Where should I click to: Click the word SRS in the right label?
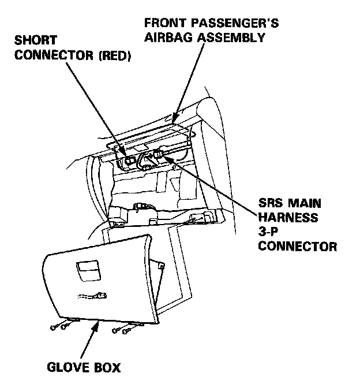point(272,204)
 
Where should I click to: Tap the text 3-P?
point(269,233)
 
